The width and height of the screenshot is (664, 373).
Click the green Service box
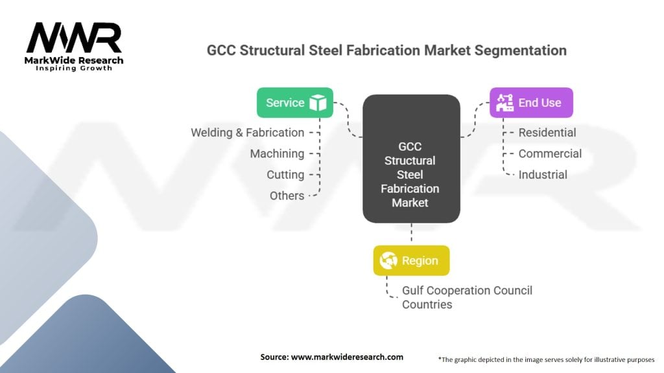tap(295, 102)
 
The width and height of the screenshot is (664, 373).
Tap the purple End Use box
tap(531, 102)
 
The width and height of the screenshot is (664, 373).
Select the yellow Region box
tap(411, 260)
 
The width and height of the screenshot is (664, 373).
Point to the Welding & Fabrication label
tap(247, 132)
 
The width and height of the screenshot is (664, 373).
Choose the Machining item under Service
tap(277, 153)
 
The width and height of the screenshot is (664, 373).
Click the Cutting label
tap(285, 174)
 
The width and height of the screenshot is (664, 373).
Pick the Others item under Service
tap(287, 195)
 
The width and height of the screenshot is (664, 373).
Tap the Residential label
tap(547, 132)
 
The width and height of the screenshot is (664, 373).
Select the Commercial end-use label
tap(550, 153)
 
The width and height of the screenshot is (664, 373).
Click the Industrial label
tap(543, 174)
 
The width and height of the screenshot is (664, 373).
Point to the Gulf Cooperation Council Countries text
tap(467, 297)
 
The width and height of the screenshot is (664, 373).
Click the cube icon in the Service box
tap(318, 102)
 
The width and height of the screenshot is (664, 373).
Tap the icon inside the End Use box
tap(504, 102)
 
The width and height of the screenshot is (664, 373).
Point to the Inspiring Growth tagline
tap(74, 68)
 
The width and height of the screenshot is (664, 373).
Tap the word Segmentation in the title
tap(516, 50)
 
